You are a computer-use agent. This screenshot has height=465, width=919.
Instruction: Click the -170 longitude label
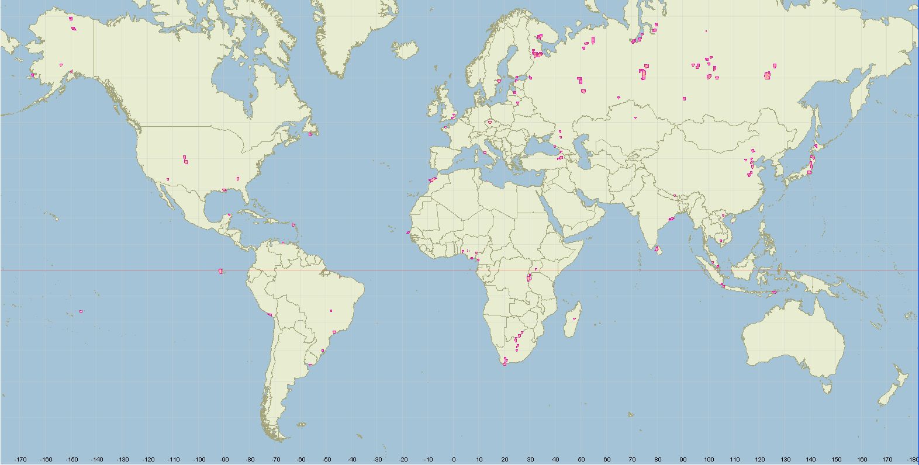point(20,459)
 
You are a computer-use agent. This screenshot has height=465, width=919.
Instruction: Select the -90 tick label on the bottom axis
point(224,459)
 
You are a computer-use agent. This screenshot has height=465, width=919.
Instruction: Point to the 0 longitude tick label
point(454,459)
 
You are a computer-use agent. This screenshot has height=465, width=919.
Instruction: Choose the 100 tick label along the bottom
point(709,459)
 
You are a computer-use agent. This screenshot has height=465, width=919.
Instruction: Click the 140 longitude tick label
point(811,459)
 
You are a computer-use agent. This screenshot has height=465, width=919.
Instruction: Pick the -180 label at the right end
point(913,459)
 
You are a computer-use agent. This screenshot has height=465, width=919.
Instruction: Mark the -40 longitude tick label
point(352,459)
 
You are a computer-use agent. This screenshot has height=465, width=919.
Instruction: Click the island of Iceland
point(405,49)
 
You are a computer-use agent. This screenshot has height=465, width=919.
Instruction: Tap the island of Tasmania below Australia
point(826,386)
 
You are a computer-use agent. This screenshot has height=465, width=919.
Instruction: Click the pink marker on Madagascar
point(575,318)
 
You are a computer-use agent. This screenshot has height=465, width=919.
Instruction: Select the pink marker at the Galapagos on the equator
point(220,271)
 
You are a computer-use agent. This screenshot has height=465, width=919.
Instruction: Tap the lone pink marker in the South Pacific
point(81,311)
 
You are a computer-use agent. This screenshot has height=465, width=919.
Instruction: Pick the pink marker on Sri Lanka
point(657,249)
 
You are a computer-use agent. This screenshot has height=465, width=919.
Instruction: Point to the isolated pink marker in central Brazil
point(331,311)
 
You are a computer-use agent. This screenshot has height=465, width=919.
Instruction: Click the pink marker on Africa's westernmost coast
point(409,232)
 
